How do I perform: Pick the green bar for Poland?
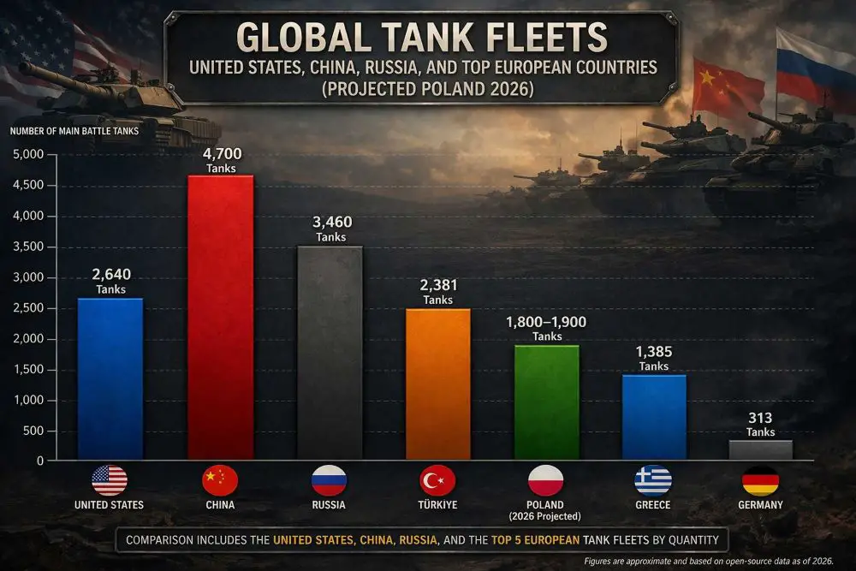546,402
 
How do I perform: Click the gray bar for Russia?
330,353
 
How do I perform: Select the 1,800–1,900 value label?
547,323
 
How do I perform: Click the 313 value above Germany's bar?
760,418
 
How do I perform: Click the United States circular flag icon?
110,480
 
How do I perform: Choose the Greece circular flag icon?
653,480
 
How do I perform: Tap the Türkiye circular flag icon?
437,480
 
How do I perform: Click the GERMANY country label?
760,505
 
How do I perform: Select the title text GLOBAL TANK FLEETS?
421,39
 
